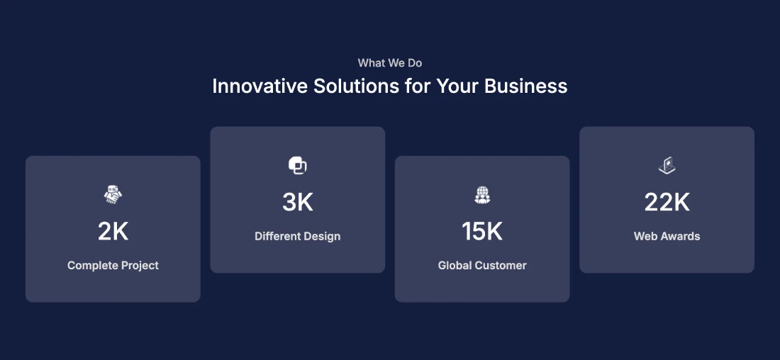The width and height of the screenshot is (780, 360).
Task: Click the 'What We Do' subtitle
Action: coord(390,63)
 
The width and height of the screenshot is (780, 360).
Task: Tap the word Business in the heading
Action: coord(526,86)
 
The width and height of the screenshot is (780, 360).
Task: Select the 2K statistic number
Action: coord(113,231)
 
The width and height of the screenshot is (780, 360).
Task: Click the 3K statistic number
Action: coord(298,202)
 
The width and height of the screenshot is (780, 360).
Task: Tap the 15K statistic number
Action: coord(482,231)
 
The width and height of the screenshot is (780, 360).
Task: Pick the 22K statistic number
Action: coord(667,202)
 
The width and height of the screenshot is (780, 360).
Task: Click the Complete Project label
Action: coord(113,266)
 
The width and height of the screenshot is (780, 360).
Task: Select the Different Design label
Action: coord(298,236)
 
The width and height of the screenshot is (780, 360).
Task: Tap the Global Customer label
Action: coord(482,266)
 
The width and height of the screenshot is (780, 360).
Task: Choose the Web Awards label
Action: coord(667,236)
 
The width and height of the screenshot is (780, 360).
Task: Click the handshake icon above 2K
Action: coord(113,194)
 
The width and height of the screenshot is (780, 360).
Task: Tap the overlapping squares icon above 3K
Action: coord(298,165)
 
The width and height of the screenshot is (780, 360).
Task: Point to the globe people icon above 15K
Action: coord(482,194)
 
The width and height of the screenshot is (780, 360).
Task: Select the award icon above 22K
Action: coord(667,165)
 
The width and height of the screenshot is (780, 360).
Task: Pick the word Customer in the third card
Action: coord(503,266)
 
